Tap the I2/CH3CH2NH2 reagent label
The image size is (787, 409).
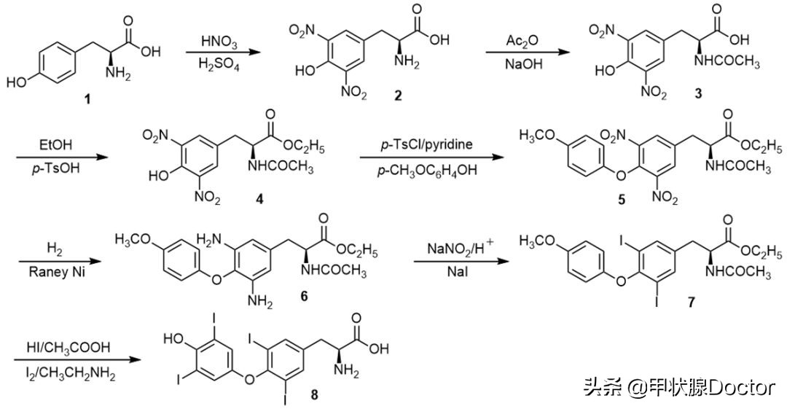pos(67,375)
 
